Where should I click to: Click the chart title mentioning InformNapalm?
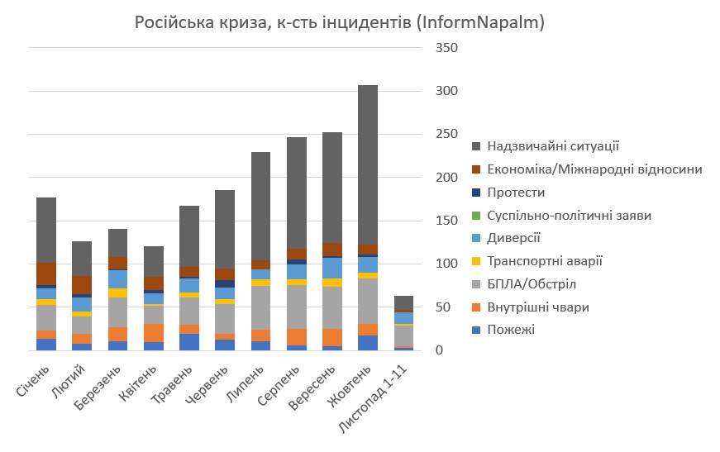pyautogui.click(x=339, y=22)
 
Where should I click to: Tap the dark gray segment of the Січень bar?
pyautogui.click(x=46, y=230)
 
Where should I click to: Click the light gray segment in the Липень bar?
pyautogui.click(x=261, y=307)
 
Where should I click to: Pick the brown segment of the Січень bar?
pyautogui.click(x=46, y=274)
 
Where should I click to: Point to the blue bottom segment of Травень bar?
pyautogui.click(x=189, y=342)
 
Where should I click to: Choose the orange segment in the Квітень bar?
pyautogui.click(x=154, y=332)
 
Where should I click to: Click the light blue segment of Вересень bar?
pyautogui.click(x=332, y=268)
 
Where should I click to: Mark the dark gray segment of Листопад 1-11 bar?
pyautogui.click(x=403, y=302)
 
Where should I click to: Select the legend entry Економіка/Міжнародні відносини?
pyautogui.click(x=595, y=169)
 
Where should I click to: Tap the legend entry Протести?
pyautogui.click(x=517, y=193)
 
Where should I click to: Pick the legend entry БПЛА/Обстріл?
pyautogui.click(x=532, y=284)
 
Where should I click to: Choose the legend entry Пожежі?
pyautogui.click(x=511, y=330)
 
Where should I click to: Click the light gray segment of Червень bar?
pyautogui.click(x=225, y=319)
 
